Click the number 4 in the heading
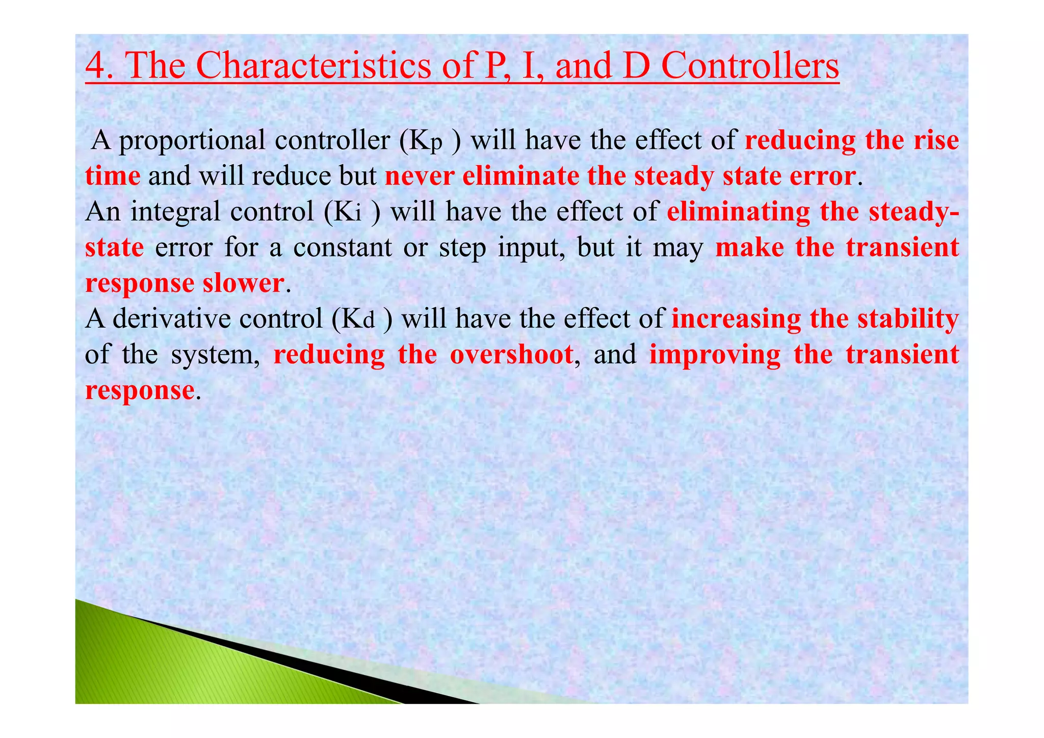tap(96, 66)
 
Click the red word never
tap(419, 176)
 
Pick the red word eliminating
tap(738, 212)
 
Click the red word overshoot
tap(511, 355)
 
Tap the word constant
tap(342, 248)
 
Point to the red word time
tap(113, 176)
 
